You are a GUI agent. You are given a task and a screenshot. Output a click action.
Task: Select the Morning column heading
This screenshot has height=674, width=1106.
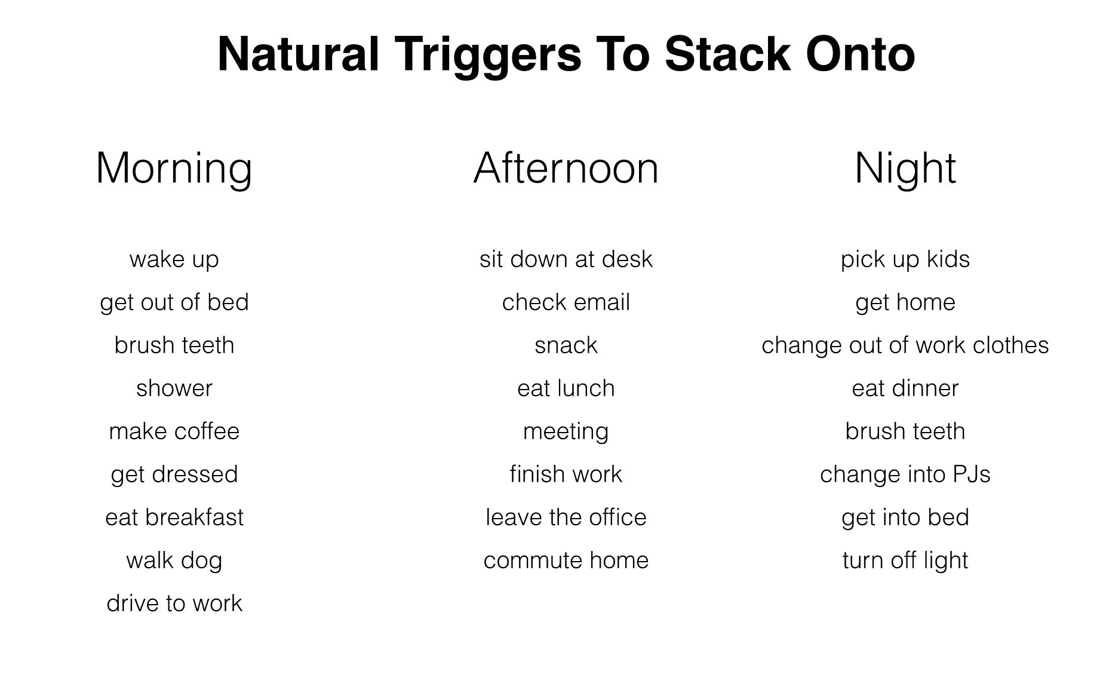174,169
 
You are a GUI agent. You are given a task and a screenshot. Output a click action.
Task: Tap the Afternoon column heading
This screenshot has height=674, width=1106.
566,168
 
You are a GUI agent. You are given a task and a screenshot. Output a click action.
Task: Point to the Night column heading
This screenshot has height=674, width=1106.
905,169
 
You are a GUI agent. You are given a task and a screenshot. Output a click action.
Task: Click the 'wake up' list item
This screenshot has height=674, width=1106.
174,260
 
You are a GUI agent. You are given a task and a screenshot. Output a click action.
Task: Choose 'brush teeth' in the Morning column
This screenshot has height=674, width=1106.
174,345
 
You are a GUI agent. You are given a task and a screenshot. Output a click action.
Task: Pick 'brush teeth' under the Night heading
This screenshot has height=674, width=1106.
905,431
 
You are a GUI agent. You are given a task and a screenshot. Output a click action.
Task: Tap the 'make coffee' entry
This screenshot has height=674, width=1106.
174,431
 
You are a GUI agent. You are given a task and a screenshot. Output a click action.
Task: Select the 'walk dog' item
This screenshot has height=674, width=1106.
174,561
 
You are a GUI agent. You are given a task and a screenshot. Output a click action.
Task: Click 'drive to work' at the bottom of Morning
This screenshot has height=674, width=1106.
174,603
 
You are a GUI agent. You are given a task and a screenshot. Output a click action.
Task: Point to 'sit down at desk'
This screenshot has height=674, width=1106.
566,259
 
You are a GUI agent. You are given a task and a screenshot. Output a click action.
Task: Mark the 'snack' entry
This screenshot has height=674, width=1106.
566,345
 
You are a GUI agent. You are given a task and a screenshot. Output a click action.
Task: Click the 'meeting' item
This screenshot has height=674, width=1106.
566,432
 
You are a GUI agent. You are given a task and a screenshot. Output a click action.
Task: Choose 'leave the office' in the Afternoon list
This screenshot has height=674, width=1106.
566,517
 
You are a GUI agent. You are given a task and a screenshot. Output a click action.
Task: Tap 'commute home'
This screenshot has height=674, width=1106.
566,560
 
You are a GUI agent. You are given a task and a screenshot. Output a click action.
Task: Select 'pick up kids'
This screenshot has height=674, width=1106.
905,260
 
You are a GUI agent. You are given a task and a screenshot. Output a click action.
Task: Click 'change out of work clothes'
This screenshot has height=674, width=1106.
905,346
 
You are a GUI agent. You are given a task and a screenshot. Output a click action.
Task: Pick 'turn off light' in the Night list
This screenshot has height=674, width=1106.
905,561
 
